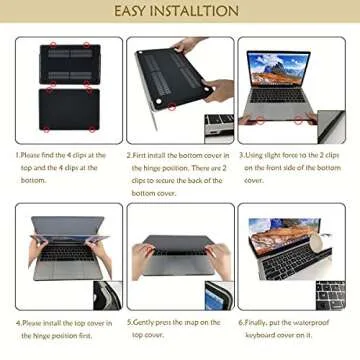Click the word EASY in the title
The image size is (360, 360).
tap(131, 11)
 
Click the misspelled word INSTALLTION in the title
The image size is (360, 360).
tap(195, 11)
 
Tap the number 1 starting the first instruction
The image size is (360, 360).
tap(17, 156)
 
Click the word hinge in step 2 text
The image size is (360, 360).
tap(152, 168)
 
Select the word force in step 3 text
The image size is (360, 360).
tap(292, 155)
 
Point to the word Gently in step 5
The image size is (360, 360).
tap(144, 323)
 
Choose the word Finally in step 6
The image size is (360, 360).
tap(256, 323)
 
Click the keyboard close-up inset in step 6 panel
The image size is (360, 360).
tap(330, 295)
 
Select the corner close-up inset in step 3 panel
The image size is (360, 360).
tap(331, 127)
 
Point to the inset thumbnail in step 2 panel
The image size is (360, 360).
tap(219, 128)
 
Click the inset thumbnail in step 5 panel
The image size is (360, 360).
tap(219, 295)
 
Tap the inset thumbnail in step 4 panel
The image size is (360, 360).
tap(108, 295)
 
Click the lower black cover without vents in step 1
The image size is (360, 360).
tap(69, 110)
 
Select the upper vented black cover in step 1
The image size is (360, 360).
tap(70, 64)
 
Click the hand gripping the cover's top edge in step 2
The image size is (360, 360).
tap(188, 44)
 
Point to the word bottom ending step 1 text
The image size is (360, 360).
tap(33, 180)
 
